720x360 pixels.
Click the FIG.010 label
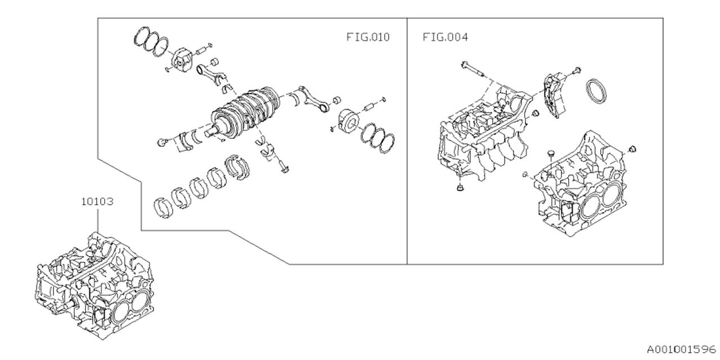368,38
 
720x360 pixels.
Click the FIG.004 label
445,38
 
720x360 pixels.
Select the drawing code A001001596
681,349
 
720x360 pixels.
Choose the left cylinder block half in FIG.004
484,135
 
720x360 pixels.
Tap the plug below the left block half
459,187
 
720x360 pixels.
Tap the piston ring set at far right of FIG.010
377,137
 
